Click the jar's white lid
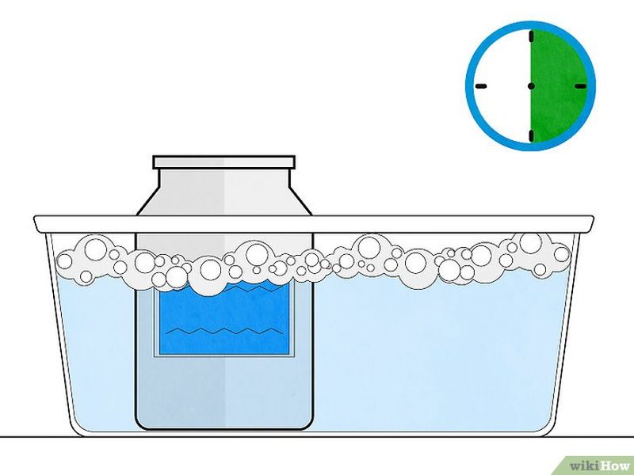tap(224, 163)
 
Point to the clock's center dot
tap(530, 85)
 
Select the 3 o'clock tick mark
tap(579, 85)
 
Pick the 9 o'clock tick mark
tap(481, 85)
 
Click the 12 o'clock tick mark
tap(530, 36)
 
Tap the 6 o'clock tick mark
tap(530, 132)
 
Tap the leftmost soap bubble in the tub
tap(67, 260)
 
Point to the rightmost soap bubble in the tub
tap(562, 254)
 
